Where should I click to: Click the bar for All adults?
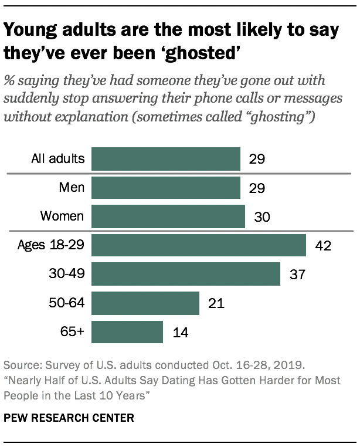(166, 158)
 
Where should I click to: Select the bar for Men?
(166, 187)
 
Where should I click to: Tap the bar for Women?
(168, 216)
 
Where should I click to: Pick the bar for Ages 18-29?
(199, 245)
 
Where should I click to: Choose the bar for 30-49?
(186, 274)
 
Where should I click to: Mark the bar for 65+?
(127, 331)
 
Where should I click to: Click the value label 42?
(322, 245)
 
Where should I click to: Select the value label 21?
(216, 303)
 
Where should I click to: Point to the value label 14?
(179, 332)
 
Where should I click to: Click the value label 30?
(261, 216)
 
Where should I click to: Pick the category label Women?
(62, 216)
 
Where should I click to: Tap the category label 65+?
(72, 331)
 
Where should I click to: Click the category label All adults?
(58, 158)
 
